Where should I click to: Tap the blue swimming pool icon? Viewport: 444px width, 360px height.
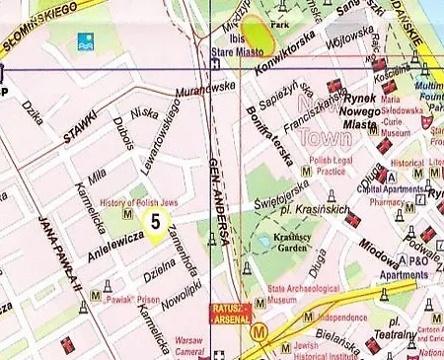click(x=83, y=42)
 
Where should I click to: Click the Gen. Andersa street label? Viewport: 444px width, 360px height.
click(x=221, y=202)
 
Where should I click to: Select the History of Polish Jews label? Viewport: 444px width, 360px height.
click(x=131, y=201)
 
